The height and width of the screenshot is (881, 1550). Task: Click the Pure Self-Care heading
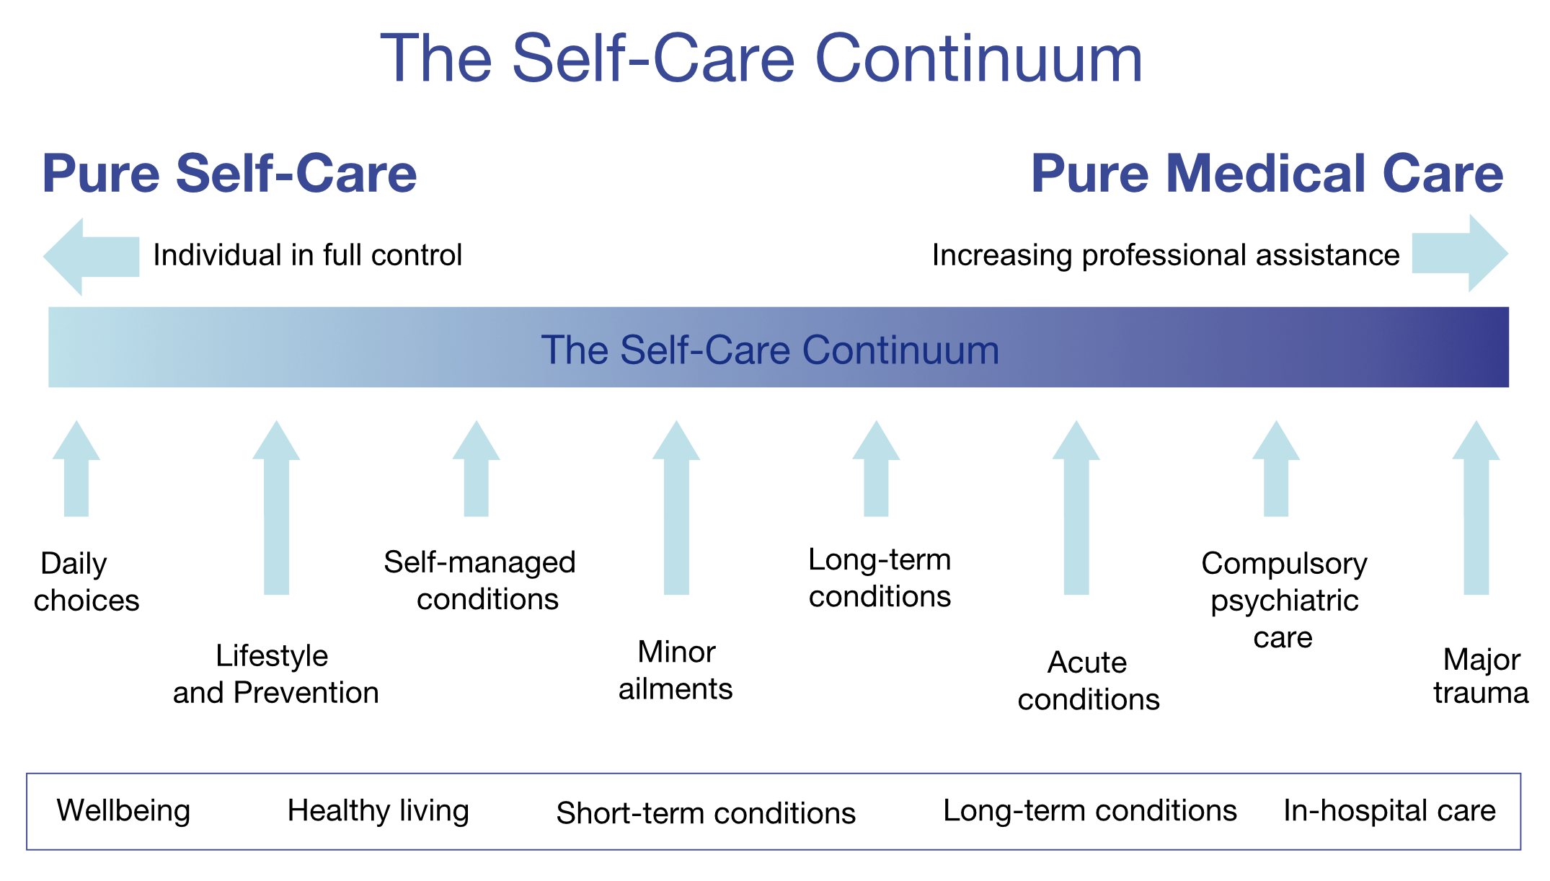point(230,174)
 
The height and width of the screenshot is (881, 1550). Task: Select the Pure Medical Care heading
point(1267,174)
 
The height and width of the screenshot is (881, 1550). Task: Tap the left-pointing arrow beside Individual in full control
point(92,257)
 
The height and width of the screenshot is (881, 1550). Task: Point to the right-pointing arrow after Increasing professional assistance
point(1460,253)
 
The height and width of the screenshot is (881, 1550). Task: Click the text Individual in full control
point(308,255)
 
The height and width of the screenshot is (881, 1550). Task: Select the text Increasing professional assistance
point(1166,255)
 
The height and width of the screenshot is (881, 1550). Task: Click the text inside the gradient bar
point(770,350)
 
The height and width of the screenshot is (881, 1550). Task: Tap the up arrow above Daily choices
point(76,469)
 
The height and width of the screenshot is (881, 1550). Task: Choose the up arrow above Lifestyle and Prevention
point(276,508)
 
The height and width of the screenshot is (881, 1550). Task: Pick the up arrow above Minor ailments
point(676,508)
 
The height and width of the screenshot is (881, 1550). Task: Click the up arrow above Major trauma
point(1476,508)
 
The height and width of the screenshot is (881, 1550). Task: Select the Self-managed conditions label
point(480,580)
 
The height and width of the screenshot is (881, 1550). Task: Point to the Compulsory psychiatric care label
point(1285,601)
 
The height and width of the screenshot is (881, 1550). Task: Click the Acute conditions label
point(1089,681)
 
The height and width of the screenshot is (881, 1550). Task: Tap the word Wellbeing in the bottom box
point(124,811)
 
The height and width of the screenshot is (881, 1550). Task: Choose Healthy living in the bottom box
point(378,811)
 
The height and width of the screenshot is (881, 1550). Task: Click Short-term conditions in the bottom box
point(706,813)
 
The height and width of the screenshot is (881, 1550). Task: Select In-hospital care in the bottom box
point(1390,811)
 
